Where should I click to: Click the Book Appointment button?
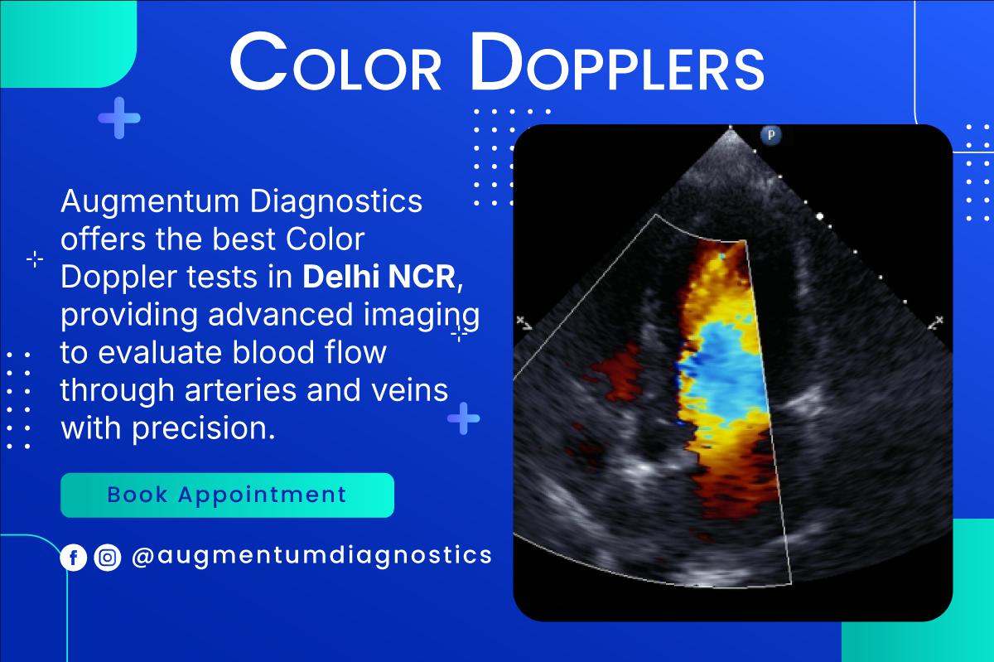226,495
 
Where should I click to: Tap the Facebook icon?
74,558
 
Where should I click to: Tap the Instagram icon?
107,558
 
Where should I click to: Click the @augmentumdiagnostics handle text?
311,555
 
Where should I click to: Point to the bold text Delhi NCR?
379,278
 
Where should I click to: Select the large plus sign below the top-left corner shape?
119,118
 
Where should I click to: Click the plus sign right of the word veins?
464,418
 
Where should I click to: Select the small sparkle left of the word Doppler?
35,260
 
